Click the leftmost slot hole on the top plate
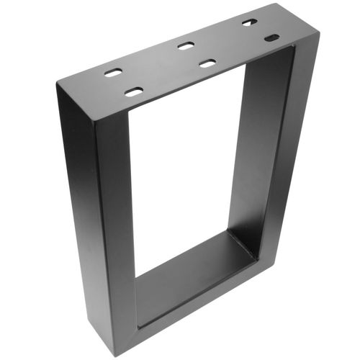[113, 73]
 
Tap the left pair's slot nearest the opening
[134, 91]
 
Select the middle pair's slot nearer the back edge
[185, 46]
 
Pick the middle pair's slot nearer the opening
[207, 63]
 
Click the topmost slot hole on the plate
[249, 22]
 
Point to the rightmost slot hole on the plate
[271, 37]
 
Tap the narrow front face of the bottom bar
[202, 302]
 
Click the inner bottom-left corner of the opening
[137, 277]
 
